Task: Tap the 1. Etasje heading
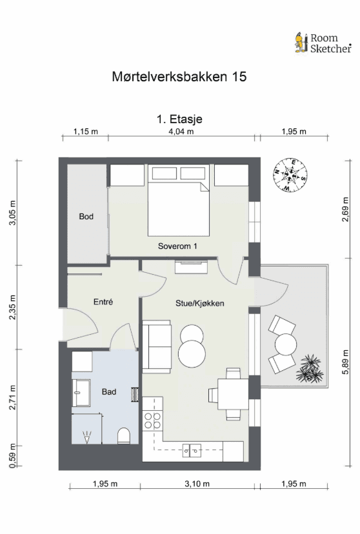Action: tap(180, 119)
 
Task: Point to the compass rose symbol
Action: tap(290, 175)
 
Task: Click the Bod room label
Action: tap(86, 217)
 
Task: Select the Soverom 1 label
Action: tap(177, 246)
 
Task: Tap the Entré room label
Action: tap(103, 302)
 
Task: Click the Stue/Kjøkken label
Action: tap(200, 302)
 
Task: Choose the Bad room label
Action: tap(109, 391)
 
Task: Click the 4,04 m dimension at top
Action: tap(181, 132)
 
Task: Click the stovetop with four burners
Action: tap(153, 421)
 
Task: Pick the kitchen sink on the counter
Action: tap(191, 450)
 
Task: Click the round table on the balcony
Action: tap(285, 344)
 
